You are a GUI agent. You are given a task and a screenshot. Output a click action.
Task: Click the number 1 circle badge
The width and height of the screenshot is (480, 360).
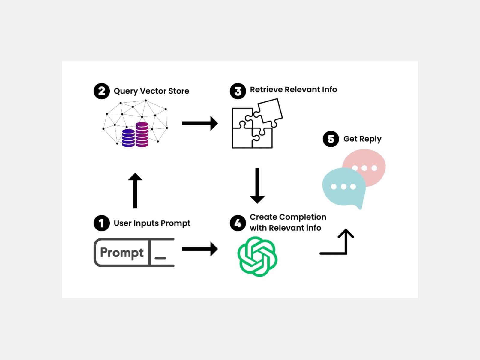point(101,223)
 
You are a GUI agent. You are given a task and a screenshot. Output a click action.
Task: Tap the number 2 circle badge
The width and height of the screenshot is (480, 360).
point(101,91)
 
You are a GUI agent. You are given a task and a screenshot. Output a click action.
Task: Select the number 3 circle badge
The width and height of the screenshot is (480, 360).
point(238,91)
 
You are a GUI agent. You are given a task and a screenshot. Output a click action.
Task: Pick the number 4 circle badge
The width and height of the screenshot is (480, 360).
point(238,223)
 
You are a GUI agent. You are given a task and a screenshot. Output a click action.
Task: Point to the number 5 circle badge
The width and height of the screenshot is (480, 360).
point(331,139)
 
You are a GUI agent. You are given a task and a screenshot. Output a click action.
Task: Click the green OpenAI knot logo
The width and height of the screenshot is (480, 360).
point(257,256)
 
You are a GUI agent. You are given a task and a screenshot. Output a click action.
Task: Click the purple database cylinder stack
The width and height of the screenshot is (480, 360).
point(135,136)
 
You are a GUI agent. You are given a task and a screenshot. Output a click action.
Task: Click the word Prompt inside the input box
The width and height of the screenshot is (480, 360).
point(122,253)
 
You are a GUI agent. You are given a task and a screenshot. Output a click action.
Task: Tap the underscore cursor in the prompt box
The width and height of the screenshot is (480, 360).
point(160,258)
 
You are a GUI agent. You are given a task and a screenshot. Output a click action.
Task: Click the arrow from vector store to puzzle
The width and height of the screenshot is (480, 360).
point(199,123)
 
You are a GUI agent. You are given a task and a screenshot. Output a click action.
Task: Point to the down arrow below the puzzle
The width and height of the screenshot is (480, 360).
point(257,185)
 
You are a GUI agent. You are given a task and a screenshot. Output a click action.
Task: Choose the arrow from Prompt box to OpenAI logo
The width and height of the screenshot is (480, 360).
point(199,249)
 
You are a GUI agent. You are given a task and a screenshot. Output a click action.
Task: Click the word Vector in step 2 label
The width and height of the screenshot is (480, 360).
point(153,91)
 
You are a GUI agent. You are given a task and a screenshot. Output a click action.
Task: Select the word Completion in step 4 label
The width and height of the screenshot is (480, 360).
point(303,217)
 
